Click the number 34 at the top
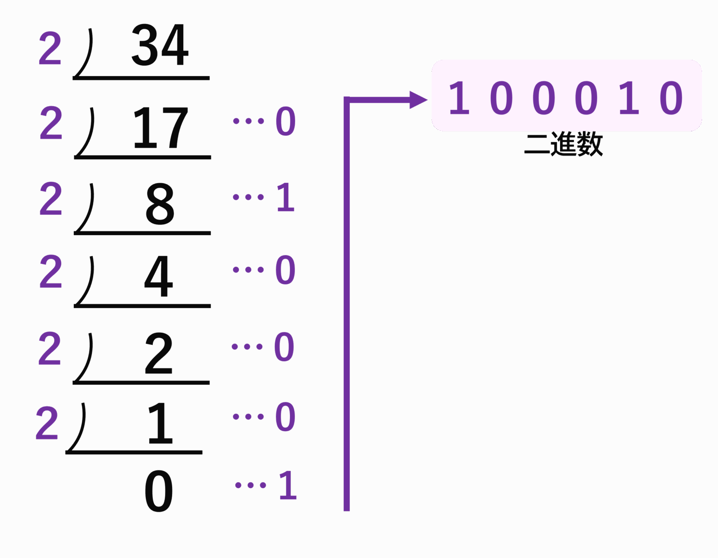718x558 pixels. [159, 45]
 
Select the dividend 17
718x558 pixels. [160, 128]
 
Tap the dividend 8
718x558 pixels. [160, 204]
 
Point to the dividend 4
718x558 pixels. [159, 276]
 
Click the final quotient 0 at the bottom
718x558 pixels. [159, 491]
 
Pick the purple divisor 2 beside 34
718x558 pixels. [50, 48]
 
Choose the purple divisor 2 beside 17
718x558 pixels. [51, 123]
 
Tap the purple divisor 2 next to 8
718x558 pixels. [51, 199]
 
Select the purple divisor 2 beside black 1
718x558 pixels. [47, 422]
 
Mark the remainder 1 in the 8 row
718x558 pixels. [286, 197]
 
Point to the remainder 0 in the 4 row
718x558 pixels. [285, 270]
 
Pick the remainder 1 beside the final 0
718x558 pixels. [287, 485]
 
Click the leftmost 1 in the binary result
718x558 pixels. [459, 98]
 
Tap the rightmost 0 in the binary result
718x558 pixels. [671, 98]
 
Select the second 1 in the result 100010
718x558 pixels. [629, 98]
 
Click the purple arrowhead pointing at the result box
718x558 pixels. [418, 100]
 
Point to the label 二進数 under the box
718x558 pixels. [564, 145]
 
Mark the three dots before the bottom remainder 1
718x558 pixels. [250, 485]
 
